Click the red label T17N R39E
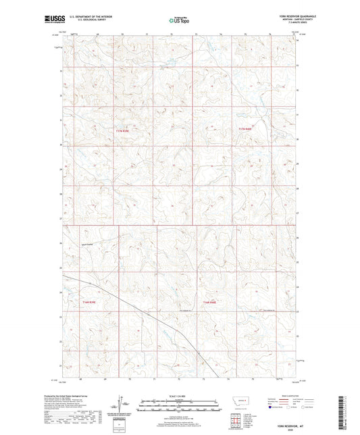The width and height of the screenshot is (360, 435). pyautogui.click(x=124, y=129)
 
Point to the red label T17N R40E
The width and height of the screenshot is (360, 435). pyautogui.click(x=245, y=129)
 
